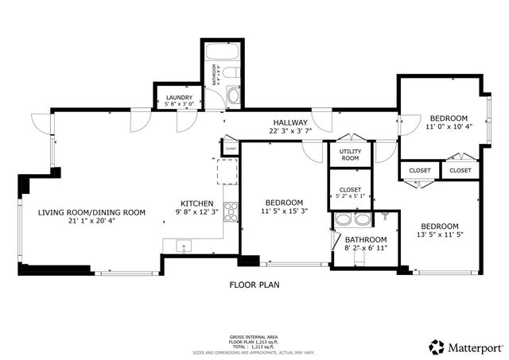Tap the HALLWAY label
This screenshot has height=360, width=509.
coord(288,122)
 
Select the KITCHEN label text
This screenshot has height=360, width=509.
coord(197,202)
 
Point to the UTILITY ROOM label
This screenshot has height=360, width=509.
coord(350,154)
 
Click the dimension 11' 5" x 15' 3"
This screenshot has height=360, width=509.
coord(284,211)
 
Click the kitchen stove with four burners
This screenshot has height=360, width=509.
coord(232,211)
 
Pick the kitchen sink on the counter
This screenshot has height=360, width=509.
coord(184,246)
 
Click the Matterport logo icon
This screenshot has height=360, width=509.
coord(437,346)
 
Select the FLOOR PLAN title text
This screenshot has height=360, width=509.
coord(254,284)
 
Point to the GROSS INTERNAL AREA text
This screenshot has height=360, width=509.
coord(254,337)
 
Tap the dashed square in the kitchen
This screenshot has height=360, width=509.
coord(228,170)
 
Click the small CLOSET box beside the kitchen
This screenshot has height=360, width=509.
coord(231,148)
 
